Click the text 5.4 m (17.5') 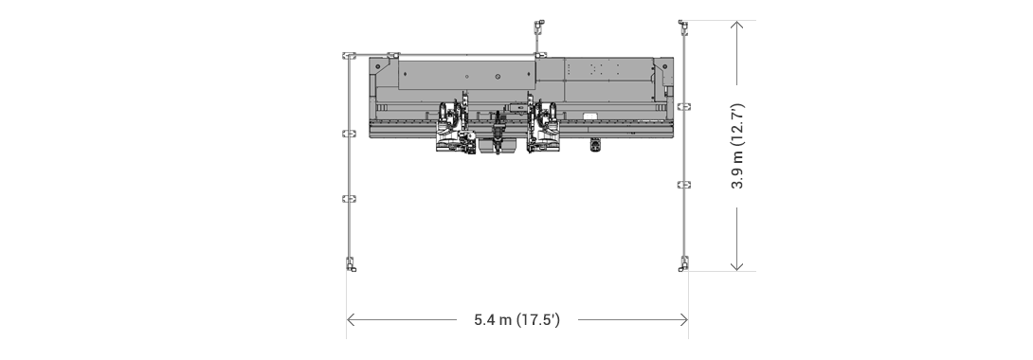(x=516, y=320)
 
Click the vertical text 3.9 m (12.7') (x=737, y=146)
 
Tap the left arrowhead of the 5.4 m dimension (x=350, y=320)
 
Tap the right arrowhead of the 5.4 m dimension (x=684, y=320)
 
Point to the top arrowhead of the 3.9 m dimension (x=737, y=24)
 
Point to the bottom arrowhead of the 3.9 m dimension (x=737, y=268)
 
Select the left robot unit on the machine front (x=452, y=127)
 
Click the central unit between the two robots (x=498, y=133)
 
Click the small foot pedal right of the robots (x=596, y=145)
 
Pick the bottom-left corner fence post (x=350, y=263)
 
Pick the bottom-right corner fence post (x=682, y=263)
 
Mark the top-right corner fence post (x=682, y=26)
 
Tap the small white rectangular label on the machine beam (x=590, y=117)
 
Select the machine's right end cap (x=667, y=90)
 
